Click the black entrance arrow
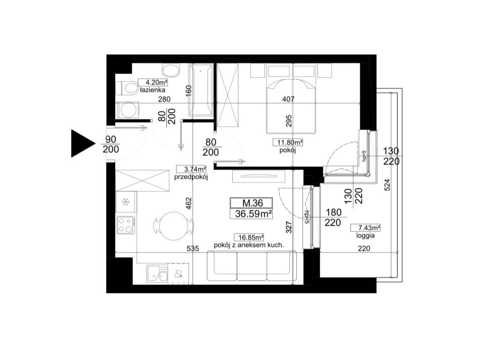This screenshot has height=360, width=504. point(83,144)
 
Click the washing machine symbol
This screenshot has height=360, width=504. point(127,110)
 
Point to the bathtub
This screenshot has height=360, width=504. point(201,90)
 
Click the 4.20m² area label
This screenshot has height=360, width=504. point(153,83)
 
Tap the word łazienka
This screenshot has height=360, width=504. point(153,90)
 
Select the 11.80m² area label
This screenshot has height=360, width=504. point(288,142)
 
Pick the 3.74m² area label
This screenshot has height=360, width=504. point(191,169)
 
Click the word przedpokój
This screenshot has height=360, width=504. point(191,177)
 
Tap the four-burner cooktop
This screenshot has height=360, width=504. point(126,225)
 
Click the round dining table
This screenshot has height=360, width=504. point(174,226)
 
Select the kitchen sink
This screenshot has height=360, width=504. point(157,274)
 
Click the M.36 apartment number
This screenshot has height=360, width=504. point(252,203)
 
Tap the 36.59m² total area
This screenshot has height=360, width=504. point(252,213)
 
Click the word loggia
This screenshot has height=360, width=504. point(365,236)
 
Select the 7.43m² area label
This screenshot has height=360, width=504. point(365,228)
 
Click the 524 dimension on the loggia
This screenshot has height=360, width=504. point(387,185)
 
